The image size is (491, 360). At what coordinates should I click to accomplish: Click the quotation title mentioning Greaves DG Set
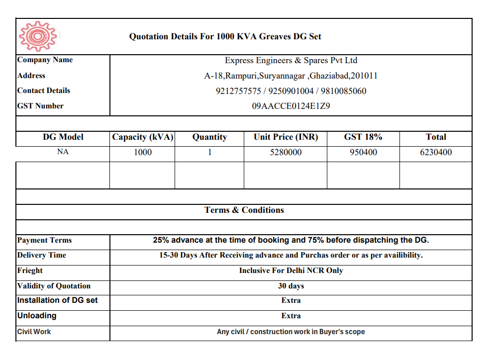click(225, 36)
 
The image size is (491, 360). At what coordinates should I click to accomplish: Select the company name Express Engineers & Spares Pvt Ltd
click(291, 61)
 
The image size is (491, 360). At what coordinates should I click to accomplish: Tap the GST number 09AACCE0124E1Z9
click(291, 106)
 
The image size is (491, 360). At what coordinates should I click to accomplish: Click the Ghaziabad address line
click(291, 76)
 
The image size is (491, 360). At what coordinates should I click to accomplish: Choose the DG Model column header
click(63, 137)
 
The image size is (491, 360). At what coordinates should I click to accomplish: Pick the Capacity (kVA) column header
click(142, 137)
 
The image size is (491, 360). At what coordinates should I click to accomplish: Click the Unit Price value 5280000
click(286, 153)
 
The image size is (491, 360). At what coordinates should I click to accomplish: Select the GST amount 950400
click(363, 153)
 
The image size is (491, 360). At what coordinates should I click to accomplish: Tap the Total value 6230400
click(436, 153)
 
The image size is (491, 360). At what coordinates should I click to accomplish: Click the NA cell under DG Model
click(63, 152)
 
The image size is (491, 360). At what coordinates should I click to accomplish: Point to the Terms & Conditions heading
click(244, 210)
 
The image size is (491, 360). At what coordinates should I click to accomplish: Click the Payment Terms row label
click(45, 241)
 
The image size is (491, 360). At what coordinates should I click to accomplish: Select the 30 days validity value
click(291, 286)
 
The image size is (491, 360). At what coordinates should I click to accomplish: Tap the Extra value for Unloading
click(291, 316)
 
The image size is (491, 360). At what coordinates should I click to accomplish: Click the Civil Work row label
click(34, 332)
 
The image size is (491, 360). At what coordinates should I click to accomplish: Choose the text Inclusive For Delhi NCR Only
click(291, 271)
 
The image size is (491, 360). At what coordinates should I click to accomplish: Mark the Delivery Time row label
click(42, 256)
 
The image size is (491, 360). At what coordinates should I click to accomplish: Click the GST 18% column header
click(363, 137)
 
